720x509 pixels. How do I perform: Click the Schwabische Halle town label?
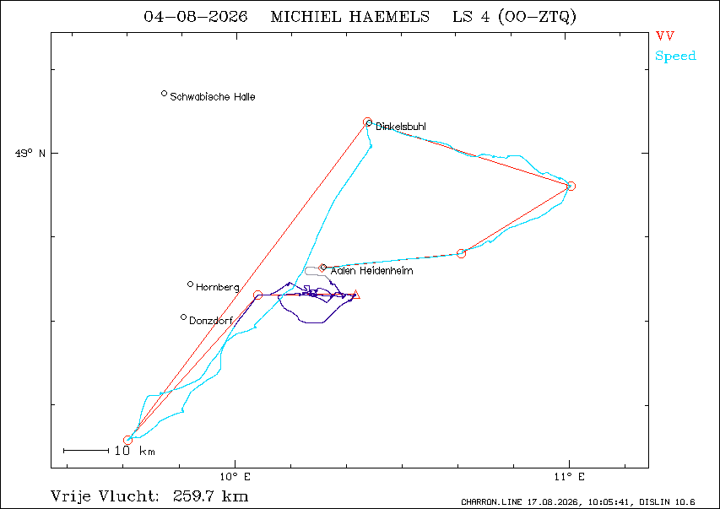213,97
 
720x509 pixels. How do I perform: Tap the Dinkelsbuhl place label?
401,127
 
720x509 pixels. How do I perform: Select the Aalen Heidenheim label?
372,271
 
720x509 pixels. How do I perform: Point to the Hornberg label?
218,288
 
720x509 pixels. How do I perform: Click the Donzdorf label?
211,321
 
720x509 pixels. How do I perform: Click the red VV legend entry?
665,35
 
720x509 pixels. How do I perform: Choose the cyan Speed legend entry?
675,56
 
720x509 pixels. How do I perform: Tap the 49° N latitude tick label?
30,153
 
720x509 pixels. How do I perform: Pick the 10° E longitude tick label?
235,477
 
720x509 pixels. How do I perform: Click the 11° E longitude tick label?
570,477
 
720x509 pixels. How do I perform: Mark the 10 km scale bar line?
86,451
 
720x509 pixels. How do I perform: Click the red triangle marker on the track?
356,295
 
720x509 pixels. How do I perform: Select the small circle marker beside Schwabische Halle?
164,94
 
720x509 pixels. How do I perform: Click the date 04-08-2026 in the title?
196,17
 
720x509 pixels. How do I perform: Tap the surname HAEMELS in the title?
389,17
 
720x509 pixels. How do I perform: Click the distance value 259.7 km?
211,496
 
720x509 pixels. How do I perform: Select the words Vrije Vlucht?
106,496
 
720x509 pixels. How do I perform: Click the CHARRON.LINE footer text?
492,502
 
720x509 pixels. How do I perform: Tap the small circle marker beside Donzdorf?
184,317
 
